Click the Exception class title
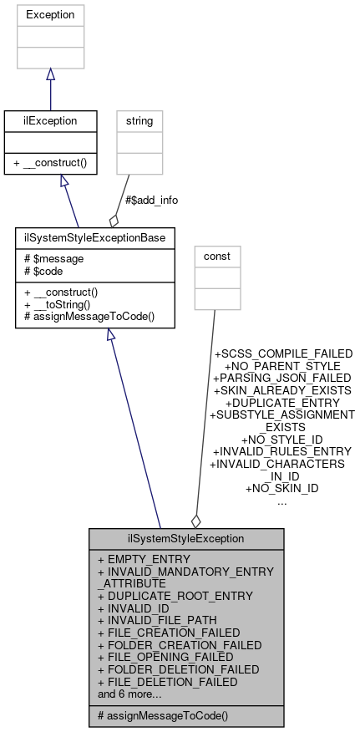click(50, 15)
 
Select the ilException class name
click(50, 121)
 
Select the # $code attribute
click(45, 272)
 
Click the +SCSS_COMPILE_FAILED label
click(283, 353)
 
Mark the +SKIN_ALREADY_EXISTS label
click(282, 389)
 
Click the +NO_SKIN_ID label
click(281, 487)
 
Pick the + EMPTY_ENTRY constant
click(144, 558)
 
